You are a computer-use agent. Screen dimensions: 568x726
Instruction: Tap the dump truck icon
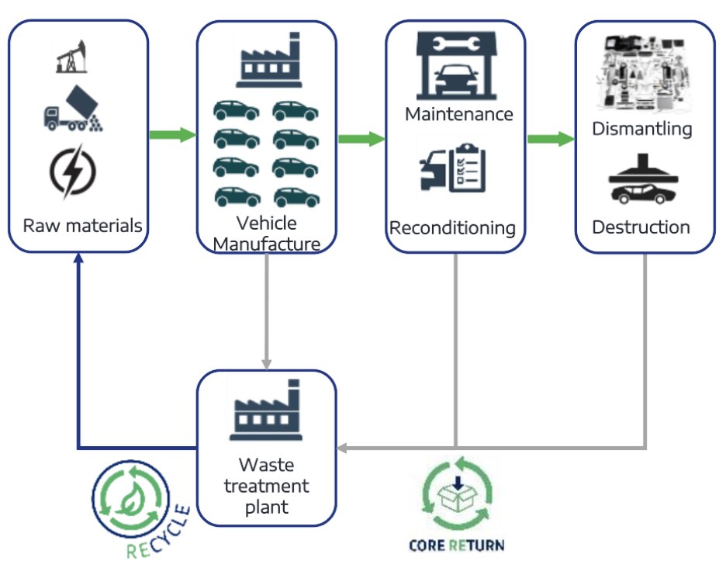pos(74,108)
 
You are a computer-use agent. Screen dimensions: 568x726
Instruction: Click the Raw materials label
pos(82,226)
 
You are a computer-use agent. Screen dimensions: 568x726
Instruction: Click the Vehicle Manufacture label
pos(266,234)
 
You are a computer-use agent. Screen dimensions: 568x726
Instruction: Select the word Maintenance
pos(459,114)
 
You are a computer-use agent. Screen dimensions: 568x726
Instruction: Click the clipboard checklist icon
pos(458,167)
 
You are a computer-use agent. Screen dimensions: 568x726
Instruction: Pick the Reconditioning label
pos(453,228)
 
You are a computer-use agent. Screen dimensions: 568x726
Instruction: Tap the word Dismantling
pos(642,128)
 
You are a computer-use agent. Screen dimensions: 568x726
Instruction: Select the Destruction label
pos(641,227)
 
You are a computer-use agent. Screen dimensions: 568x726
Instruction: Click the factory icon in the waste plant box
pos(266,410)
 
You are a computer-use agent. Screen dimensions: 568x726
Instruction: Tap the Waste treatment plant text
pos(266,487)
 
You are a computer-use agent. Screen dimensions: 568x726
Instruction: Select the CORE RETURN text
pos(456,545)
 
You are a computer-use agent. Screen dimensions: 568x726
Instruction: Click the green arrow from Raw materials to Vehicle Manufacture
pos(172,135)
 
